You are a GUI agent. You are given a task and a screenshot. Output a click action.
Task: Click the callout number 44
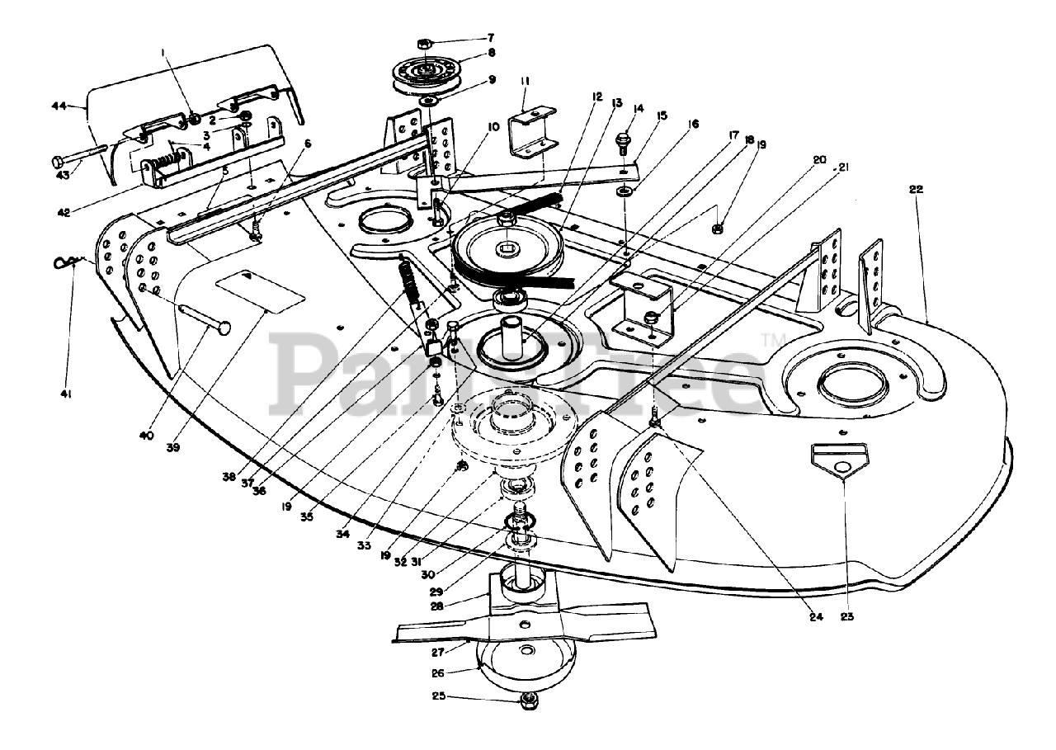click(x=58, y=106)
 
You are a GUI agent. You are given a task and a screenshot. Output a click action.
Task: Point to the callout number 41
click(x=66, y=394)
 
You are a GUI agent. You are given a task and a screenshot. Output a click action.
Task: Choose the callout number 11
click(x=525, y=82)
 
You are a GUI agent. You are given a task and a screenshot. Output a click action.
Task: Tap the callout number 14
click(x=638, y=108)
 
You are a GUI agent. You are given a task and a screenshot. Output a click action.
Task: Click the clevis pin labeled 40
click(x=203, y=319)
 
